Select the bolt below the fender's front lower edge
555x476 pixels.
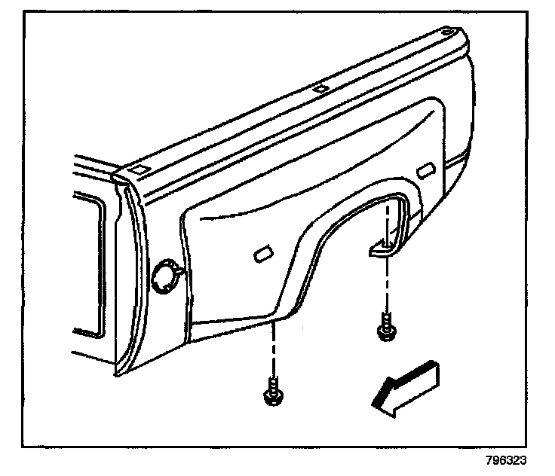click(271, 395)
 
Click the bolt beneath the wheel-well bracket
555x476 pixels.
click(385, 329)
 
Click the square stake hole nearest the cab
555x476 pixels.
click(139, 171)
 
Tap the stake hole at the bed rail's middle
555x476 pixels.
click(320, 88)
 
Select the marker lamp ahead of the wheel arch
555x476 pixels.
click(264, 255)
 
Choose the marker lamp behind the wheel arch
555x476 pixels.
click(427, 169)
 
